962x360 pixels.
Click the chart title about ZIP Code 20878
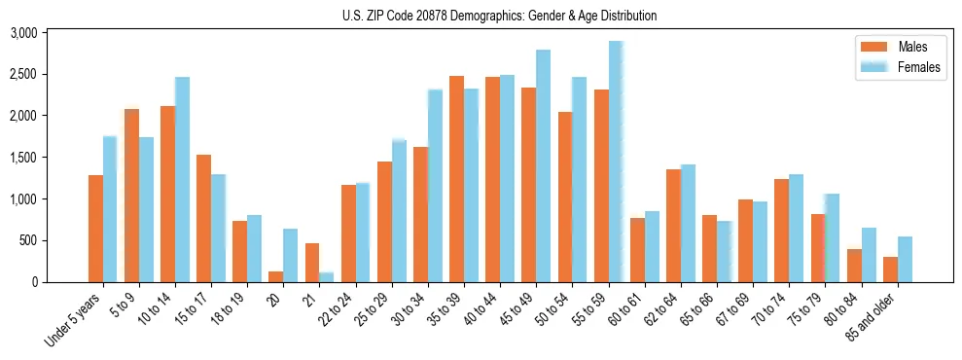tap(500, 16)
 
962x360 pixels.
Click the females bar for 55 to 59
tap(616, 162)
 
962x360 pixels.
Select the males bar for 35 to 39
tap(456, 179)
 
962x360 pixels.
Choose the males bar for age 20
tap(275, 276)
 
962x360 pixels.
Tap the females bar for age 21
tap(327, 277)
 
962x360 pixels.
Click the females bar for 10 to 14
tap(182, 180)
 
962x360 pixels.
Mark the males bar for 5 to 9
tap(131, 196)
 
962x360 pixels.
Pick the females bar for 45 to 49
tap(543, 166)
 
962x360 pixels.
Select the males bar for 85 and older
tap(890, 270)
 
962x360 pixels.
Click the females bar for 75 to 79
tap(832, 238)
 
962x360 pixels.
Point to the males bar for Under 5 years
tap(95, 229)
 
